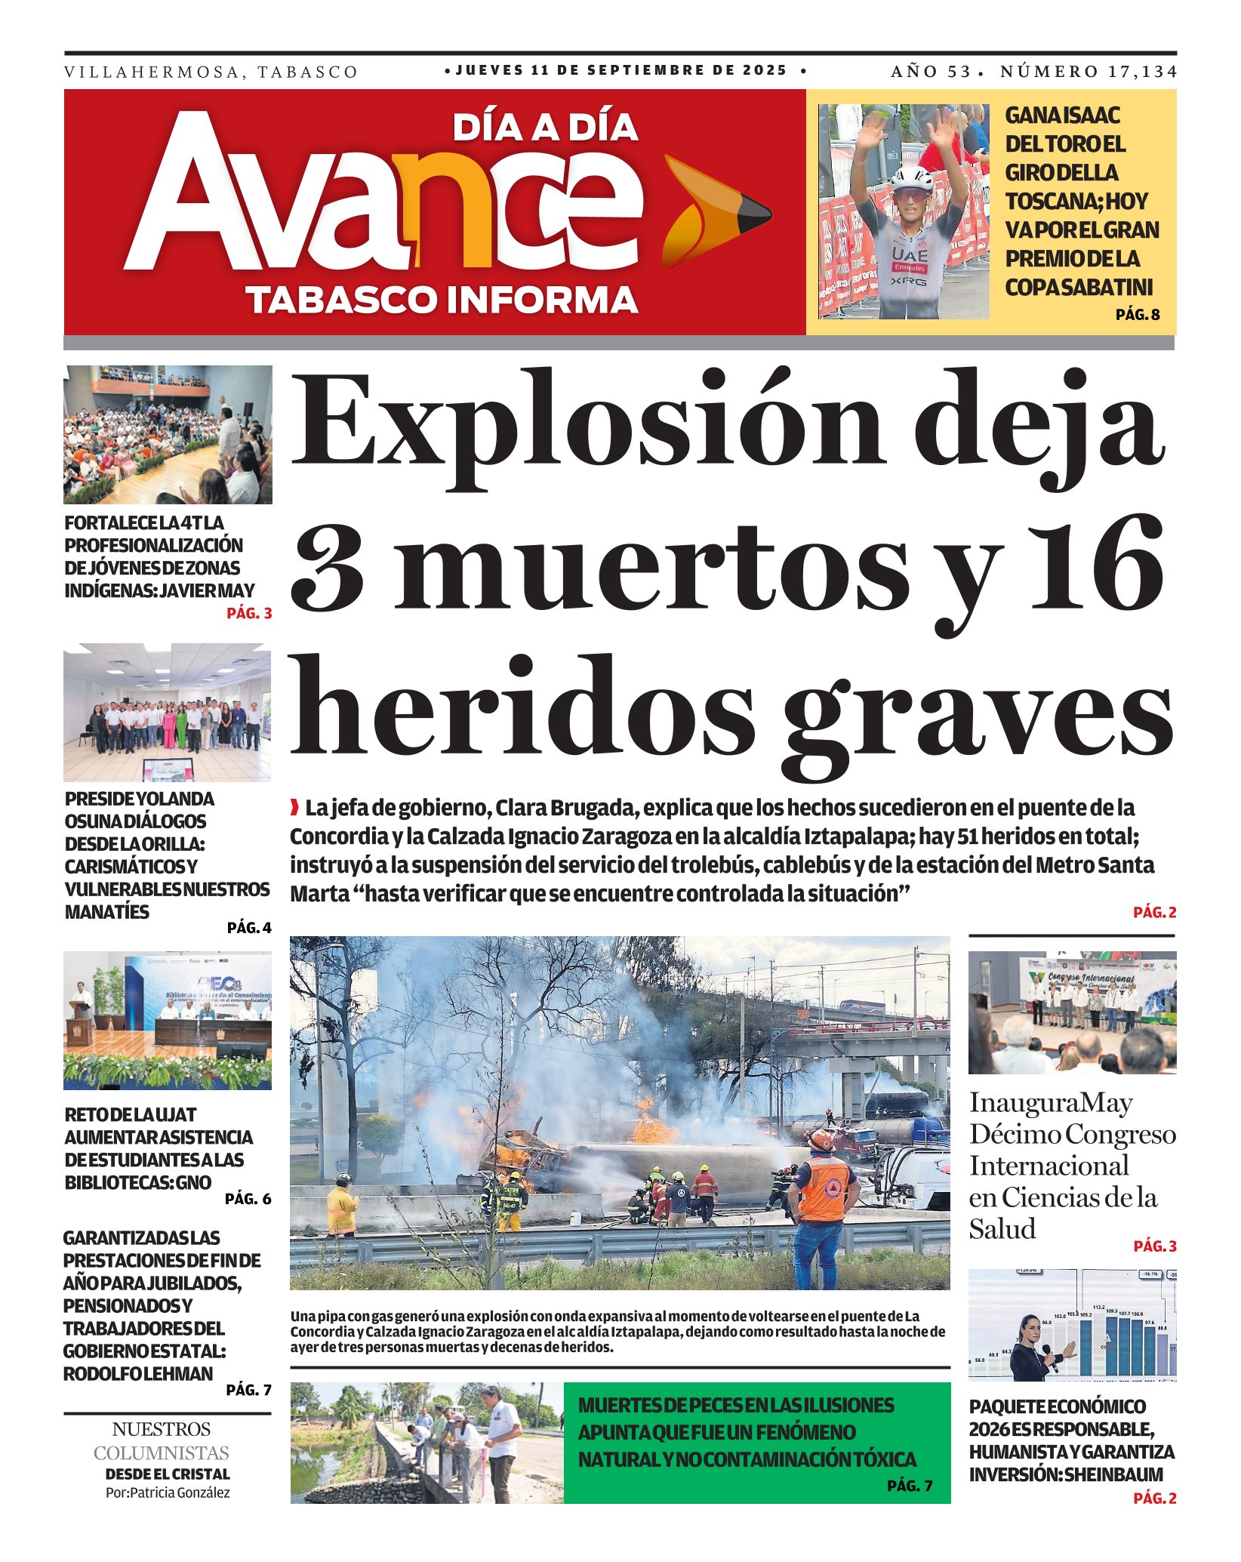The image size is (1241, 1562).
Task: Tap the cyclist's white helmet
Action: [x=912, y=179]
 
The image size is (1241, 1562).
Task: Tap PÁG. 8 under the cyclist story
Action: [x=1138, y=315]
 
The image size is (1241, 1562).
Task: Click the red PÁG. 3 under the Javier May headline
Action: [x=249, y=613]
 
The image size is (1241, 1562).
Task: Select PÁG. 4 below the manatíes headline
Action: [x=249, y=928]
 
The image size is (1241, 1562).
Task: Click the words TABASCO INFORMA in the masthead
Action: [x=442, y=300]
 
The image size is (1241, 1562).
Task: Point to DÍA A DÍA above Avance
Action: [x=545, y=128]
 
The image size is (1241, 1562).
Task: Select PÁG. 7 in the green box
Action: [x=910, y=1486]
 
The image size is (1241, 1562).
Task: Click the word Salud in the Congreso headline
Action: [x=1002, y=1229]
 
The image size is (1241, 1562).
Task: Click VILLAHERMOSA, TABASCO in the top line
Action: [x=211, y=72]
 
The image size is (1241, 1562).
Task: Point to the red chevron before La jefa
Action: [x=294, y=808]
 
